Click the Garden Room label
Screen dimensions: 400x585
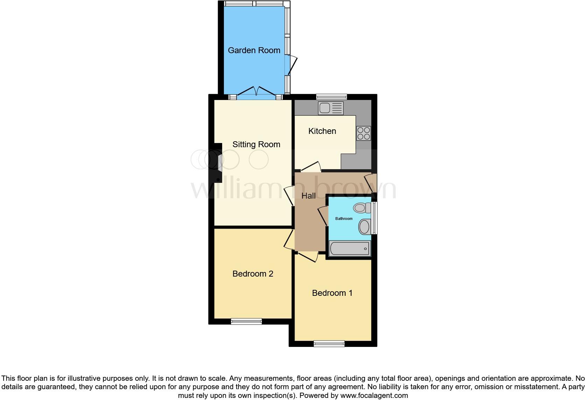pos(254,50)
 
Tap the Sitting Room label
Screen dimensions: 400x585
pos(256,144)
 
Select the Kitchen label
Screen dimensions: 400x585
pos(322,131)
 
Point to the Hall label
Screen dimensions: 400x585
pos(309,196)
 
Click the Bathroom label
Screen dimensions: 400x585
pos(344,219)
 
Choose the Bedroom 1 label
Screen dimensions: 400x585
pos(332,293)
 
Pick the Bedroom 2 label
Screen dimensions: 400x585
pos(253,274)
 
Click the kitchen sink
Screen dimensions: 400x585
pos(331,108)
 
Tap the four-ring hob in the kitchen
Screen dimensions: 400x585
pos(364,133)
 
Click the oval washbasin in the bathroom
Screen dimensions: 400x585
pos(364,227)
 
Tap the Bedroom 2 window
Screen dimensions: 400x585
pos(246,321)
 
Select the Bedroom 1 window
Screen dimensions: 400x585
pos(329,343)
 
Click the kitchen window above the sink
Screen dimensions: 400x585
pos(332,97)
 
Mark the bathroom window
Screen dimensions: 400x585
pos(374,218)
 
